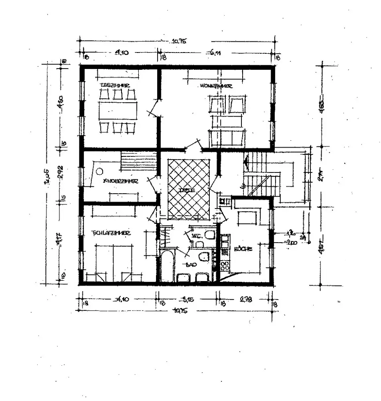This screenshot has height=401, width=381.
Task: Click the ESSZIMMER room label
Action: (115, 85)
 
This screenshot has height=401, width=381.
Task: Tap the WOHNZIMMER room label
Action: (215, 86)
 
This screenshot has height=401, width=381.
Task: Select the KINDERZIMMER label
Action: (121, 181)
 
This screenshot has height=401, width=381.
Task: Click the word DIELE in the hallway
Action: (187, 190)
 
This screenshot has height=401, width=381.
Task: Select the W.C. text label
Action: (196, 236)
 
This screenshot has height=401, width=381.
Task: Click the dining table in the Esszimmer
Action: (118, 110)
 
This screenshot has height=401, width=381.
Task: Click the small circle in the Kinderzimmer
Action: (99, 172)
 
